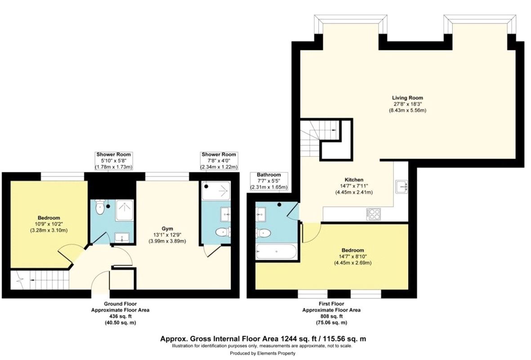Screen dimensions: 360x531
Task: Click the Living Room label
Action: (x=407, y=98)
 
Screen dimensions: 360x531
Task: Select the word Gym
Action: (x=166, y=228)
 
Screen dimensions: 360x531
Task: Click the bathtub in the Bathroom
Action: (x=276, y=252)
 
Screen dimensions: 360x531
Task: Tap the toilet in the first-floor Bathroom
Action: (x=263, y=233)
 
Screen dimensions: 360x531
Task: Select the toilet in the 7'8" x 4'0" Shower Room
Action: (x=222, y=232)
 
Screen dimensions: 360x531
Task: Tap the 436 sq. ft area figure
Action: (x=120, y=317)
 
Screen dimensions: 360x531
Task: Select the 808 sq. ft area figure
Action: (x=331, y=317)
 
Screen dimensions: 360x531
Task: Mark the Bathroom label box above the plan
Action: (x=269, y=181)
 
